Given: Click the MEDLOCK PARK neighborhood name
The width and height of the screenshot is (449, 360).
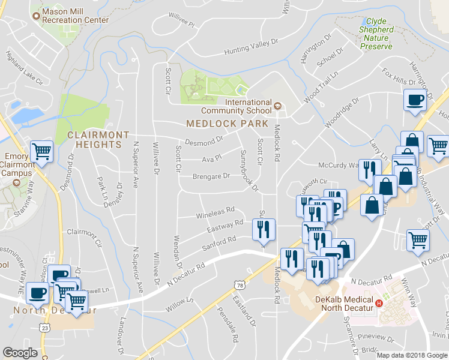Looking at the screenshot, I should pyautogui.click(x=227, y=123).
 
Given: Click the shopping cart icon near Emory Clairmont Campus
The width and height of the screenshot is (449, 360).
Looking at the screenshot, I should pyautogui.click(x=41, y=151).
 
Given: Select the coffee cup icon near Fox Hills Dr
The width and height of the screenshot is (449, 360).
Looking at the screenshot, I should pyautogui.click(x=415, y=100).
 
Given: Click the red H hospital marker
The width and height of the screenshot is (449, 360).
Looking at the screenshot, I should pyautogui.click(x=379, y=302).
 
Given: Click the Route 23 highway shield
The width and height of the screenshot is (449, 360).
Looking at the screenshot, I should pyautogui.click(x=44, y=327).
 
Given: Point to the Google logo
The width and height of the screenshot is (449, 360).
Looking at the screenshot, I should pyautogui.click(x=20, y=353).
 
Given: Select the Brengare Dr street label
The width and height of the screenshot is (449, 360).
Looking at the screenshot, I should pyautogui.click(x=211, y=176).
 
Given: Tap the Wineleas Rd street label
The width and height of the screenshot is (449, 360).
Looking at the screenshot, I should pyautogui.click(x=215, y=212).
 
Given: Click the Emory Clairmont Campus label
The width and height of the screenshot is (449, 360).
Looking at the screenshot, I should pyautogui.click(x=16, y=164).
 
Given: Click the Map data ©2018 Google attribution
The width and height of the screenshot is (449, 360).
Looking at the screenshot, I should pyautogui.click(x=411, y=355).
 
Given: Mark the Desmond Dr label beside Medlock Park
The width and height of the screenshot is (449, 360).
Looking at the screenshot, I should pyautogui.click(x=203, y=143).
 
